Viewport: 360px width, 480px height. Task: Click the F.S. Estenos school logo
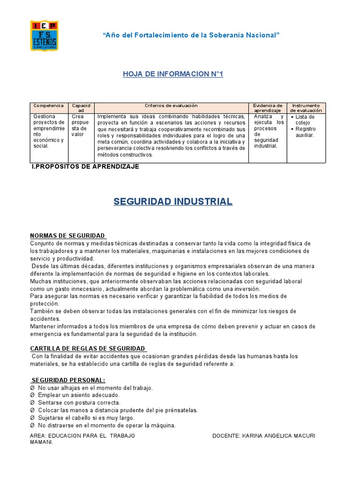coord(44,36)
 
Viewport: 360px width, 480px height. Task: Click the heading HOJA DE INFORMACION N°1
coord(172,74)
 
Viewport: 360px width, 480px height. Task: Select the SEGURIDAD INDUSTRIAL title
coord(173,202)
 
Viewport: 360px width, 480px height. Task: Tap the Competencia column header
coord(49,106)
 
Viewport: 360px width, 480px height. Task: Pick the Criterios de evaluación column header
coord(171,106)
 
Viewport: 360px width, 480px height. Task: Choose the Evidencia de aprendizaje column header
coord(267,108)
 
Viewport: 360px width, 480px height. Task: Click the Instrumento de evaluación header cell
coord(306,108)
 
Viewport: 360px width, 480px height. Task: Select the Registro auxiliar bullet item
coord(305,132)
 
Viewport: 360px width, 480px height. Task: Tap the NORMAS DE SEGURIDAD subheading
coord(67,235)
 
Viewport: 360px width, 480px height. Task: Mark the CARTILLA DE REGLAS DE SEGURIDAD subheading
coord(88,349)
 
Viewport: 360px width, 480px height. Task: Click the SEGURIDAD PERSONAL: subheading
coord(68,380)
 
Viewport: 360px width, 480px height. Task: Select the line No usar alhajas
coord(95,388)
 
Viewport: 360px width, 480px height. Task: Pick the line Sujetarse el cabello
coord(86,418)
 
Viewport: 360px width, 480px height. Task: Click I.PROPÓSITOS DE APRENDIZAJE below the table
coord(85,166)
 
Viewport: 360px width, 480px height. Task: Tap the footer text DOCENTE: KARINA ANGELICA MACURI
coord(263,435)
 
